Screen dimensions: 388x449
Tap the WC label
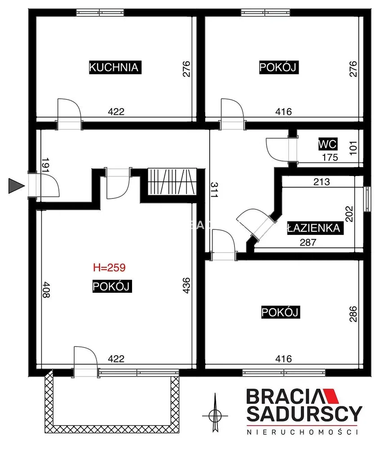[327, 144]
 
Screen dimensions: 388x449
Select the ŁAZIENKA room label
[315, 228]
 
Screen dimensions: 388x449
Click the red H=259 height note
[110, 268]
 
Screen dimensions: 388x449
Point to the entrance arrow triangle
[17, 186]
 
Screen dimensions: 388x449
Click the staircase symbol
[172, 182]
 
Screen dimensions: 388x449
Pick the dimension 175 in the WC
[330, 157]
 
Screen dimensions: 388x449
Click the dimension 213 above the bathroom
[322, 181]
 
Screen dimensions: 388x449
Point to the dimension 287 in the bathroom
[308, 242]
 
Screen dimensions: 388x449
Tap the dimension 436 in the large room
[186, 285]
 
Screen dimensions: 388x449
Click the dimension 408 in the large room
[46, 290]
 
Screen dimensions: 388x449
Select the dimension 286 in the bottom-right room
[353, 314]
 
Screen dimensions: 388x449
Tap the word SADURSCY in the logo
[304, 414]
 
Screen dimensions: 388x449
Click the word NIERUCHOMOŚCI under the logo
[302, 432]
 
